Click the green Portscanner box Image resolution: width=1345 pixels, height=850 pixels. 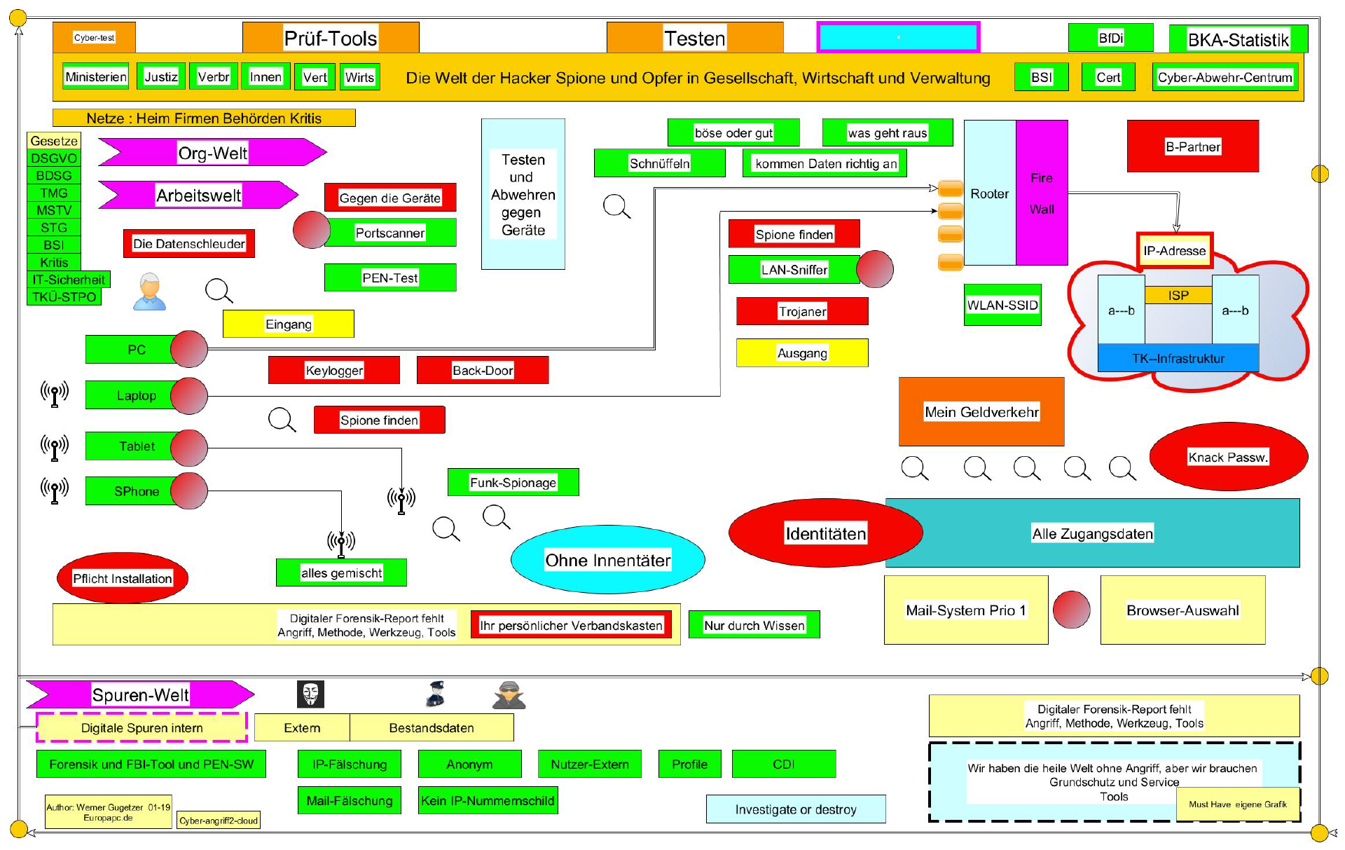(390, 233)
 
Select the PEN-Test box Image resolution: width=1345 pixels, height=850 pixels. (390, 277)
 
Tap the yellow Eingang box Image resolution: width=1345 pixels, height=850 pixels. (289, 324)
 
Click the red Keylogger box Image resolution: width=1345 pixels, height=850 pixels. (334, 370)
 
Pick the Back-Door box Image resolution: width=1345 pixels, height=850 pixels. (483, 370)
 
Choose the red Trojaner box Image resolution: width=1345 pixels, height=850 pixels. (802, 311)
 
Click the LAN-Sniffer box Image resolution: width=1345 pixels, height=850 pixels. (794, 270)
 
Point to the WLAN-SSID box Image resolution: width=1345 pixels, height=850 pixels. (1002, 305)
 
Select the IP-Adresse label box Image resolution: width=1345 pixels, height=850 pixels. (1175, 251)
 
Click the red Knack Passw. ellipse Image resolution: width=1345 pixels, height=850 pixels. (1228, 457)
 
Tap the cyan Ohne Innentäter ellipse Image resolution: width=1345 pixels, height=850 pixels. (608, 560)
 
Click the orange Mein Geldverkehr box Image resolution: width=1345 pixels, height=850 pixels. (981, 412)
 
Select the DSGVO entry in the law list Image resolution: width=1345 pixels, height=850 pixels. (54, 158)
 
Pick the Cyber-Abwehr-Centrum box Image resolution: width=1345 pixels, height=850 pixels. (1225, 77)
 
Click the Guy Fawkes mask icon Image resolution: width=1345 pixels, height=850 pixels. (310, 694)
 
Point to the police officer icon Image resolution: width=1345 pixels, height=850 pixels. (436, 694)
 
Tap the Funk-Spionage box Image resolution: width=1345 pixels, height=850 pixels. (513, 482)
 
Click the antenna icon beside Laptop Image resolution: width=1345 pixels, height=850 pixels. (55, 395)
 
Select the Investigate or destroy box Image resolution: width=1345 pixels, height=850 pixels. (796, 809)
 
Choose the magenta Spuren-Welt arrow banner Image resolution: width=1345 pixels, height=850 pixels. (140, 694)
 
